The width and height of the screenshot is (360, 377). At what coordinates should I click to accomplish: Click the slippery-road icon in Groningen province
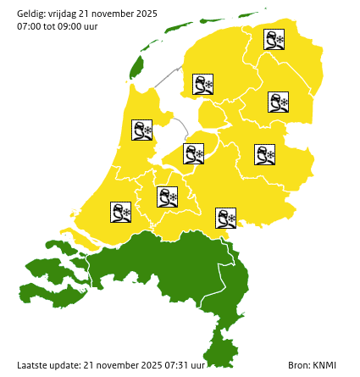click(x=274, y=40)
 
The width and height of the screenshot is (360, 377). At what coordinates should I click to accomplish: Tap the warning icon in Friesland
click(x=203, y=84)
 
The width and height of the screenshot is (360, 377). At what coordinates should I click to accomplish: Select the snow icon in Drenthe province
click(x=279, y=103)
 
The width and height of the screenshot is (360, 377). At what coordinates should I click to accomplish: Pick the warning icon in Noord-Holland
click(x=141, y=130)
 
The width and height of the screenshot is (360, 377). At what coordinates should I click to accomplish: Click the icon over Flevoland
click(x=194, y=153)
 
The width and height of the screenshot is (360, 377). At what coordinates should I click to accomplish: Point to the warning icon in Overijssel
click(x=265, y=154)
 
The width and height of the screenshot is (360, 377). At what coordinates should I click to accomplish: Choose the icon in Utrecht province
click(x=168, y=197)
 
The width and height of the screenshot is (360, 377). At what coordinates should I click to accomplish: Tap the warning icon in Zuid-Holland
click(x=121, y=212)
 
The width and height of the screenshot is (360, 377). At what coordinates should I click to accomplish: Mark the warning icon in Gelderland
click(x=226, y=218)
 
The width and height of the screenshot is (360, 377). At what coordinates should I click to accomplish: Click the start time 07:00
click(x=30, y=27)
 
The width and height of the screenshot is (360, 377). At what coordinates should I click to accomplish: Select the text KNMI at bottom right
click(x=324, y=365)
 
